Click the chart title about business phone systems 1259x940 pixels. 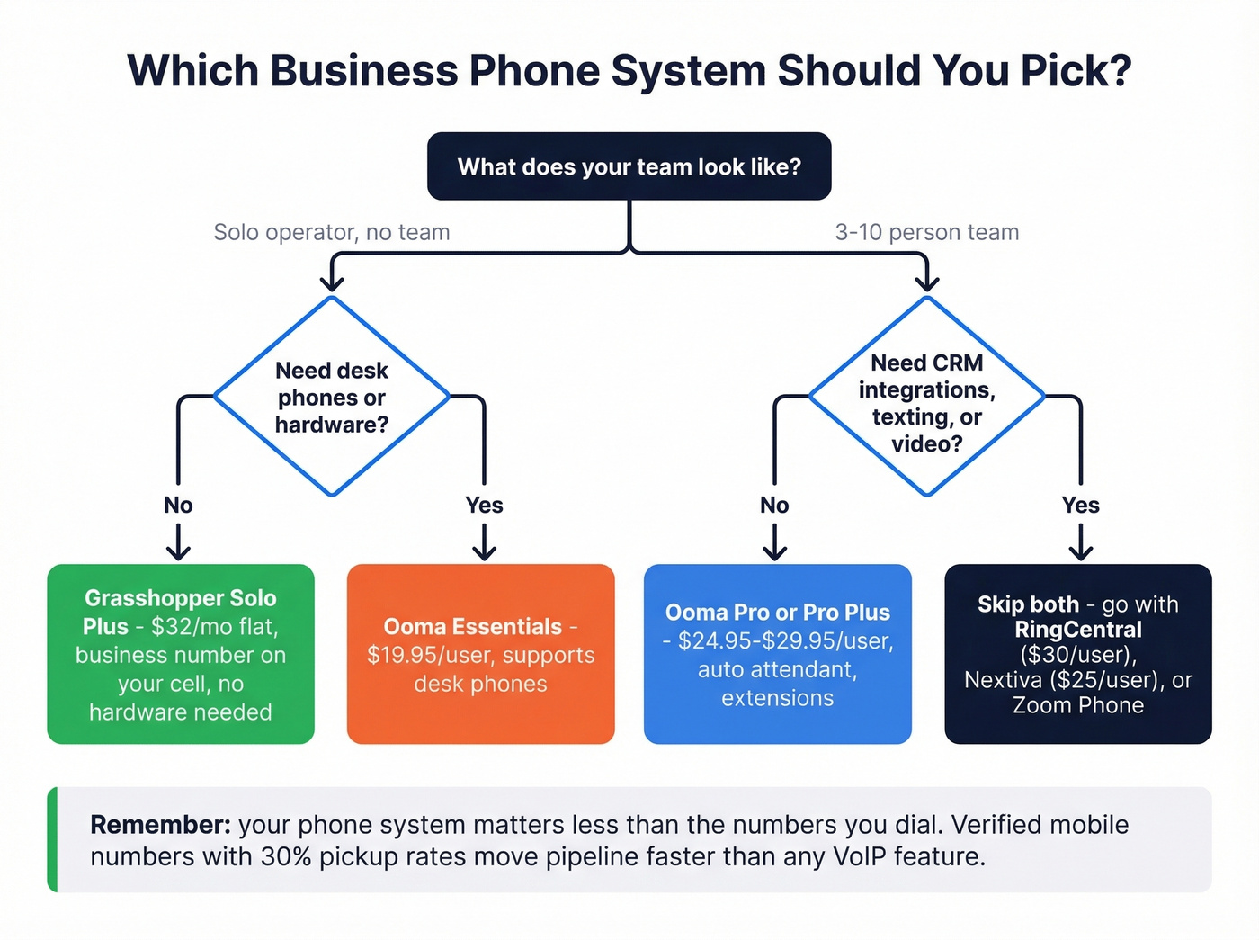click(x=629, y=71)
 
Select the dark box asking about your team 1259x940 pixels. click(x=629, y=166)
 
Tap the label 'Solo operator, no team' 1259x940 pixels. click(x=331, y=232)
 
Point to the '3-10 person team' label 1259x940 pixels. click(x=926, y=232)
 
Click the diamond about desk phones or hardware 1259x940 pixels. click(x=332, y=397)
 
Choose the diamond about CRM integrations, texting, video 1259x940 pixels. click(x=926, y=397)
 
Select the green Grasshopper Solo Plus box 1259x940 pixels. click(x=181, y=654)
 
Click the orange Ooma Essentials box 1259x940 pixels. click(x=480, y=654)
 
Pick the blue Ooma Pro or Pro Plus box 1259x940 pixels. click(x=777, y=654)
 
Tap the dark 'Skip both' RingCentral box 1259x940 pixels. click(x=1077, y=654)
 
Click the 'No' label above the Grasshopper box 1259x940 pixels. click(x=178, y=506)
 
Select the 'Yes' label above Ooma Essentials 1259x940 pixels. click(x=484, y=506)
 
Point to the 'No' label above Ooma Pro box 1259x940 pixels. click(x=774, y=506)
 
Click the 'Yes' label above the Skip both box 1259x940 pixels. click(x=1080, y=506)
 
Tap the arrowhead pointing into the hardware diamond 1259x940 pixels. click(x=332, y=283)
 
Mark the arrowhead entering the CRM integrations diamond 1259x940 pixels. click(x=926, y=283)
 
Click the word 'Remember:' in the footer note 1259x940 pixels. click(x=160, y=825)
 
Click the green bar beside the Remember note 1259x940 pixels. click(x=52, y=839)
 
